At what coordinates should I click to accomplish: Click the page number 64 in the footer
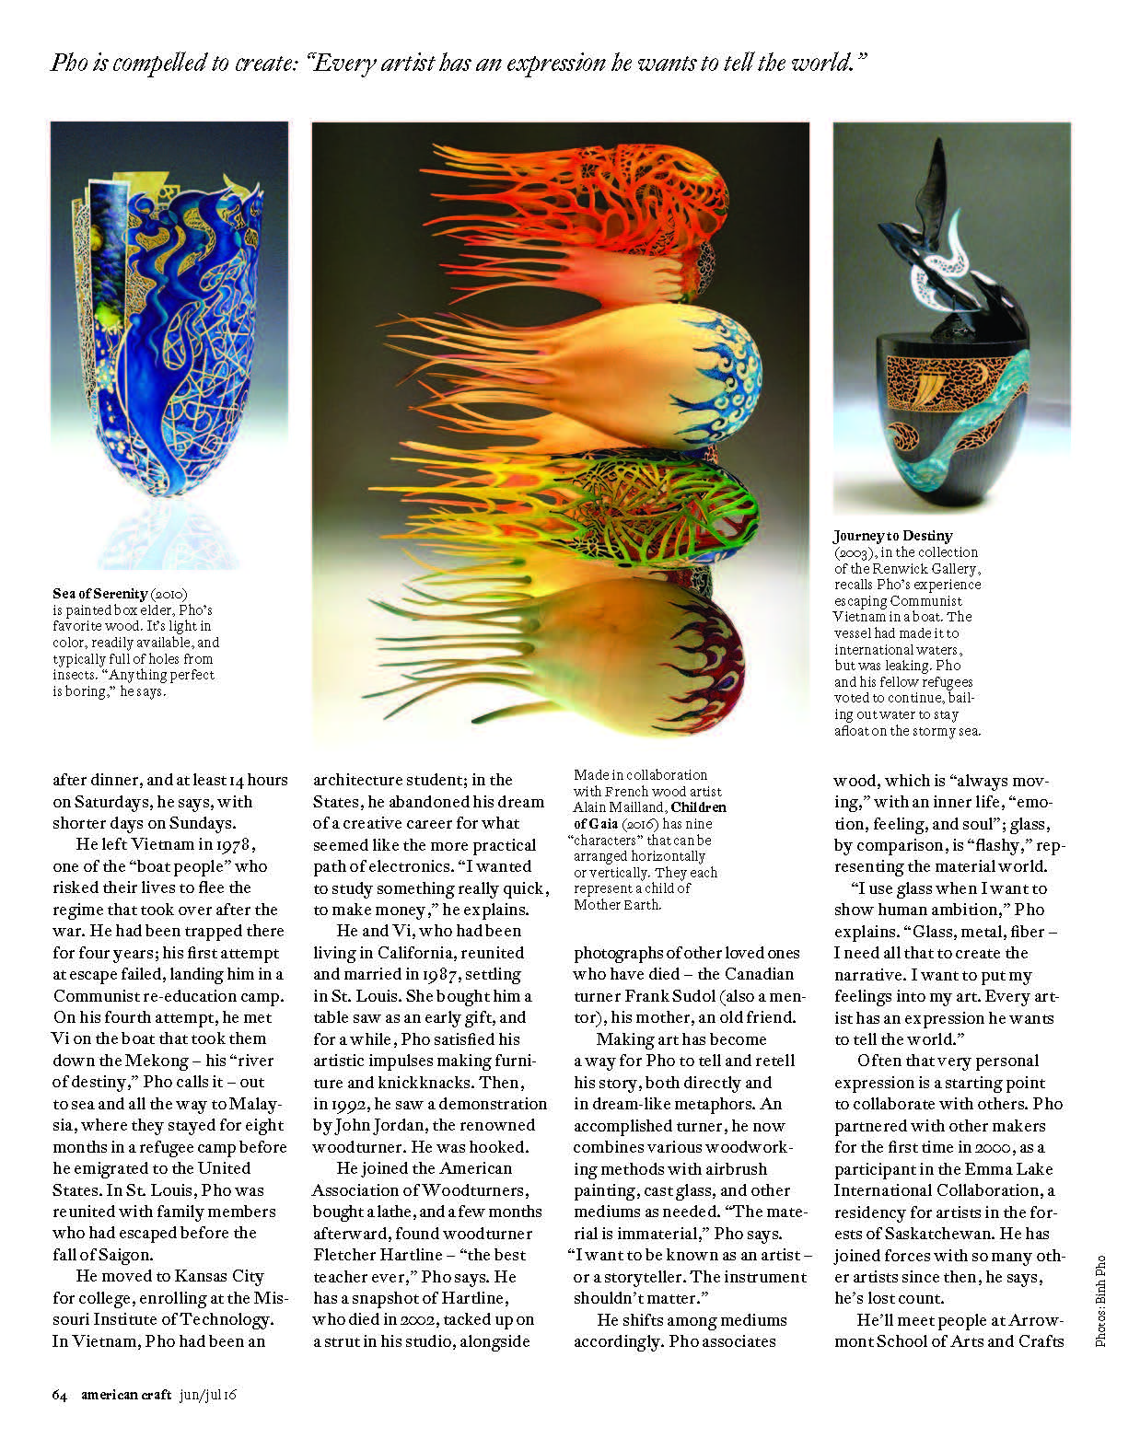point(60,1395)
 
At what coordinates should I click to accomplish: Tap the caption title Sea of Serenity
point(100,594)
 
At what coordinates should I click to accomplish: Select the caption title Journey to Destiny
point(893,536)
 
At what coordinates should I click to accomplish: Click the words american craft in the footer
point(125,1395)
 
